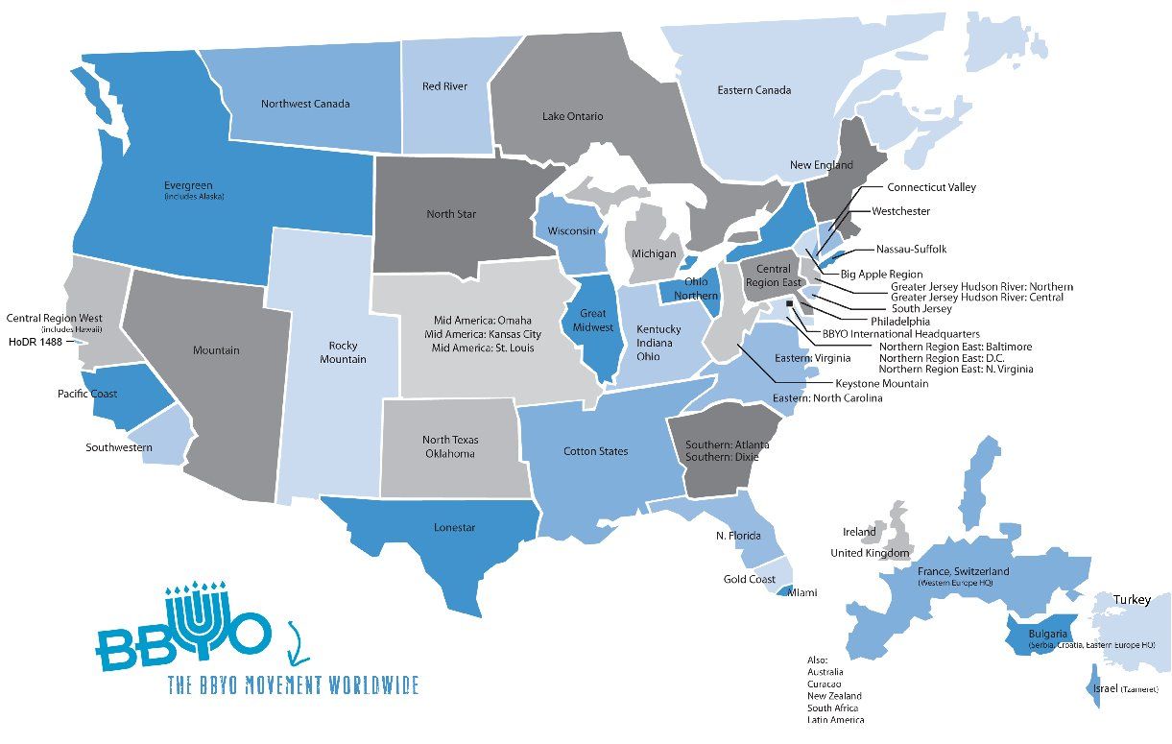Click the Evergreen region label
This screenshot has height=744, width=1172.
[x=188, y=185]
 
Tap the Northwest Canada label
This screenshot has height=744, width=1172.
[x=305, y=104]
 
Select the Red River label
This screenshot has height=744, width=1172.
[x=444, y=86]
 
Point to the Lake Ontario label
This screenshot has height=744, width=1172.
[x=572, y=116]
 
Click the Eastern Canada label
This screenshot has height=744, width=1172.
[x=753, y=90]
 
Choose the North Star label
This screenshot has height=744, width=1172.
[x=451, y=214]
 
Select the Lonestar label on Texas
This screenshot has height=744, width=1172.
[x=454, y=528]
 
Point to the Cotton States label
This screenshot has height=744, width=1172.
[x=595, y=451]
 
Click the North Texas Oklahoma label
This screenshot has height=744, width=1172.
[x=450, y=446]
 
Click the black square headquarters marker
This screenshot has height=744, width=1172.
[x=789, y=304]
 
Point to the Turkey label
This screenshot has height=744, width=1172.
[x=1132, y=600]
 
